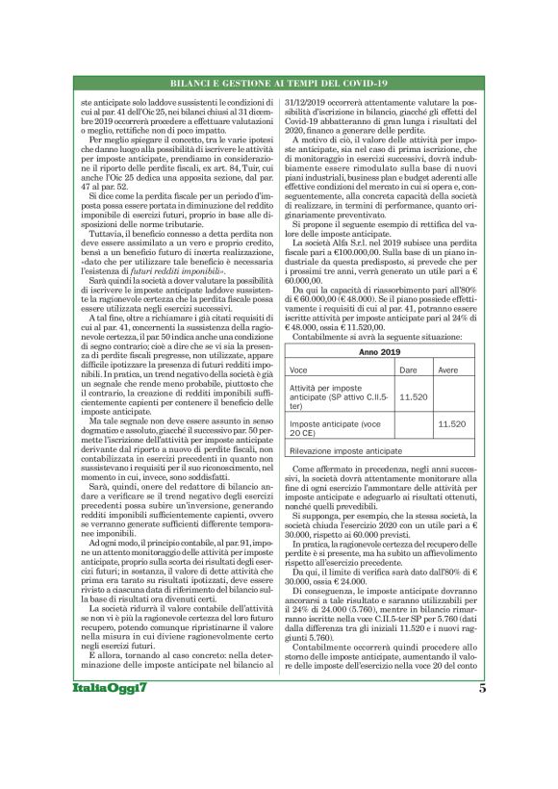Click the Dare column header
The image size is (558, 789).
(407, 395)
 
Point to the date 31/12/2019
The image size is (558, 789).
(314, 101)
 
